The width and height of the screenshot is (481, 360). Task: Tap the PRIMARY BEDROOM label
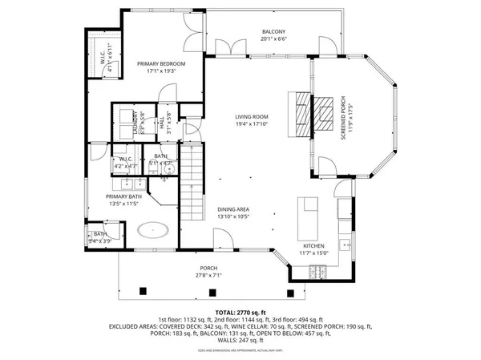click(160, 63)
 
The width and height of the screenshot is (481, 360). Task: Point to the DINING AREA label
click(233, 209)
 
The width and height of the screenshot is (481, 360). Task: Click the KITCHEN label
click(313, 245)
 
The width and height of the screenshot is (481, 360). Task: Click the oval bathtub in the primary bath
click(152, 232)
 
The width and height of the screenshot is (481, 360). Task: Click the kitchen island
click(309, 214)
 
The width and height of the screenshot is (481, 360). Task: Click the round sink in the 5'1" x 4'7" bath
click(168, 168)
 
